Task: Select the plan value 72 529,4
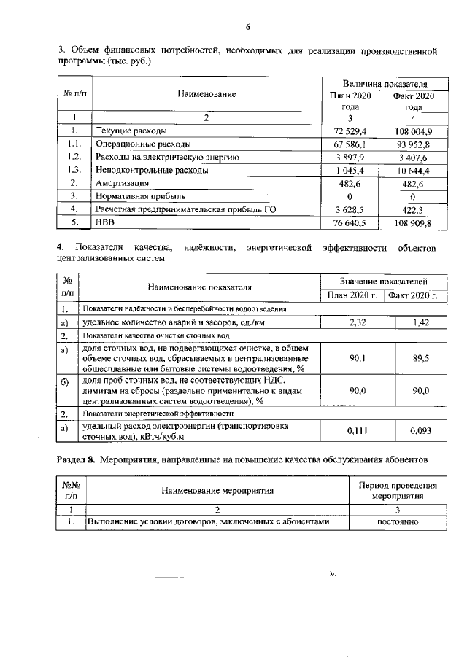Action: [x=350, y=131]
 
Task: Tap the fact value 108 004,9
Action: [x=413, y=131]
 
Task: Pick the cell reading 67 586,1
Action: [x=350, y=144]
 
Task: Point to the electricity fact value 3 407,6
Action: [x=413, y=157]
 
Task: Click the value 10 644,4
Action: [x=413, y=170]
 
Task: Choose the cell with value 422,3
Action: [x=413, y=209]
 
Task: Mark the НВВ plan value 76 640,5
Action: [x=350, y=222]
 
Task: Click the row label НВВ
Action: [x=107, y=222]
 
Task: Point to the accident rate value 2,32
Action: [x=358, y=322]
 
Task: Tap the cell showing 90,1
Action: [x=358, y=358]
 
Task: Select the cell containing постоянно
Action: [x=397, y=522]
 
